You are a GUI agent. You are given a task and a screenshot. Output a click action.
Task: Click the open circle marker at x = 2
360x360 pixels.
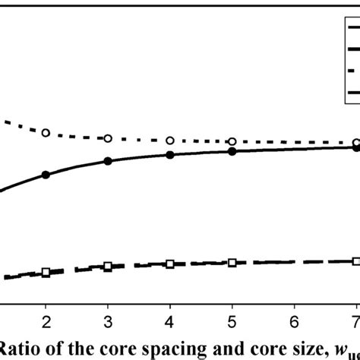point(46,133)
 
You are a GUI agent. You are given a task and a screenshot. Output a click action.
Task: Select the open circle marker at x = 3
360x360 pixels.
point(108,138)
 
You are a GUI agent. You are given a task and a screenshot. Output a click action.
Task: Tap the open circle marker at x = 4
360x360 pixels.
point(170,141)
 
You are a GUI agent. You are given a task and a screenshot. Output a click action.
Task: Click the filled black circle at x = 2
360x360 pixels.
point(46,175)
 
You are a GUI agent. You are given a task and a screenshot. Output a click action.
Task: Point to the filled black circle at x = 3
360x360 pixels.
point(108,162)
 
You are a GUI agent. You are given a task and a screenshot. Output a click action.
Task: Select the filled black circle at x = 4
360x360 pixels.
point(170,155)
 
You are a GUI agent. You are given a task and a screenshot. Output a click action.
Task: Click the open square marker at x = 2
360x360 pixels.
point(46,272)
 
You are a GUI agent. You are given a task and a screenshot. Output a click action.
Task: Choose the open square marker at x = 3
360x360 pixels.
point(108,267)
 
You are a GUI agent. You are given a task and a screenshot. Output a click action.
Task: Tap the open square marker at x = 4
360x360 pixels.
point(170,264)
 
